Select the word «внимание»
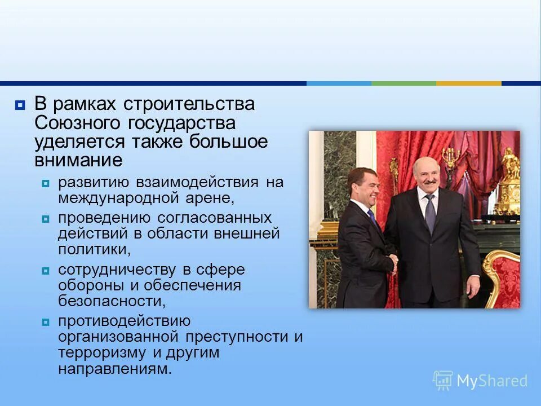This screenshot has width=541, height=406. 78,160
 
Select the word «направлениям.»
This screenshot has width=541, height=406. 114,369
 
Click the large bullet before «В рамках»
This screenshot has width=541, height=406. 20,105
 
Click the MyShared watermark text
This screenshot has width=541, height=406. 491,381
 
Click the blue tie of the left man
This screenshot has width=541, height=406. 373,217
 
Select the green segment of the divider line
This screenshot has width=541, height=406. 403,83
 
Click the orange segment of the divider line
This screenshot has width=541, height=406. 468,83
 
